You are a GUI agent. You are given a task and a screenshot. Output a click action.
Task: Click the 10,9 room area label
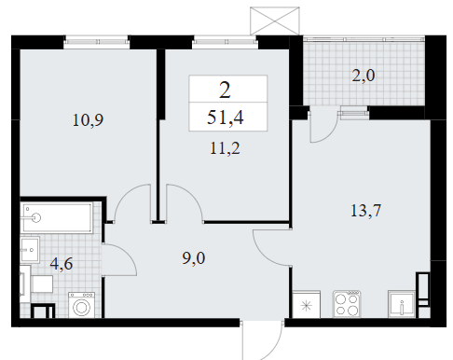88,120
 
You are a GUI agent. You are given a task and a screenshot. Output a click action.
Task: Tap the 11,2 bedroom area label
225,148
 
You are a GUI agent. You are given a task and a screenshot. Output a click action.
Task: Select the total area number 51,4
226,118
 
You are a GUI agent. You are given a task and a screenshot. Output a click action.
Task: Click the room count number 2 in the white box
225,90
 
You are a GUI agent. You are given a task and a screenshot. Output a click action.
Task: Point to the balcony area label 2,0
364,76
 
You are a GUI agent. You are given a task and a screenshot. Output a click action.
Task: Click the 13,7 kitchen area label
365,211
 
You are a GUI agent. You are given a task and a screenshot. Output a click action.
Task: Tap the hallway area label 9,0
194,258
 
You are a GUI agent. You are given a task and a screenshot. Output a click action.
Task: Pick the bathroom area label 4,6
62,264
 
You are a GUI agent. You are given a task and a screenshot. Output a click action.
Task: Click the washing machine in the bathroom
81,305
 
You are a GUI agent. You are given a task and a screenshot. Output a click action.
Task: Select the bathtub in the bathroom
57,217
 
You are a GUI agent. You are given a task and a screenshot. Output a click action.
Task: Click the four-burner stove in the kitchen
347,304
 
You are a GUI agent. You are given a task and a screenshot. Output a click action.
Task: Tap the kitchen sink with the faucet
402,304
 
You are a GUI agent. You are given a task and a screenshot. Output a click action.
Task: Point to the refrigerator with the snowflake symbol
307,304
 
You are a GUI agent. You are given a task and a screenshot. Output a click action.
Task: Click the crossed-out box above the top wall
275,21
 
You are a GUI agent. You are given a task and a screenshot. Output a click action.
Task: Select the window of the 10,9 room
96,42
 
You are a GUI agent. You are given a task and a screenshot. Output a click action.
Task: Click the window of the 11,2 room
225,42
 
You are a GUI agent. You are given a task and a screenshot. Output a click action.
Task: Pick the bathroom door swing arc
128,254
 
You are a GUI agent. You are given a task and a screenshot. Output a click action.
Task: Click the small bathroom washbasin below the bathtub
30,249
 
